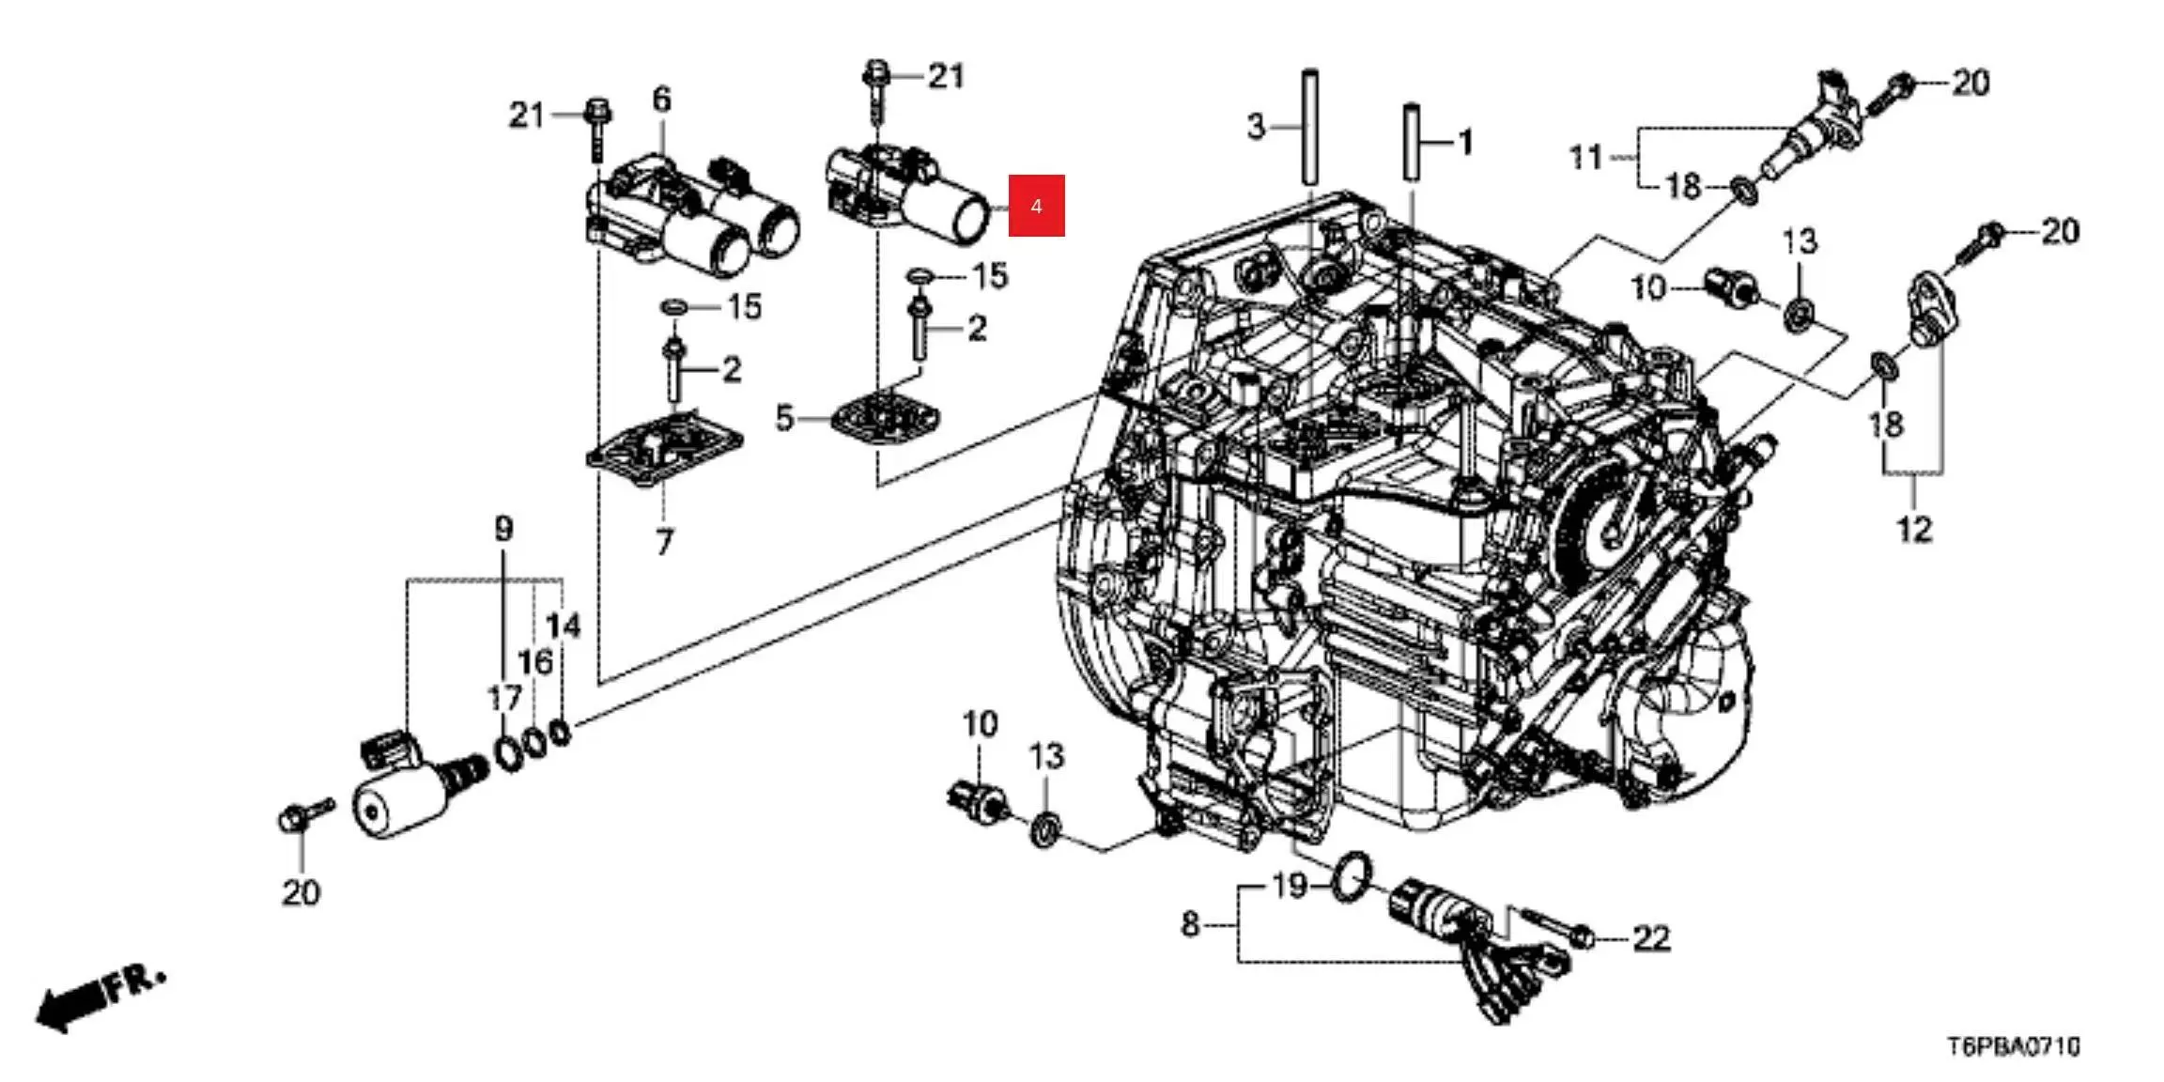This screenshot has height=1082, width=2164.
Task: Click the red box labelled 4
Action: pos(1036,206)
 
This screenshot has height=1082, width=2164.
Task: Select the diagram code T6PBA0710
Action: pos(2013,1045)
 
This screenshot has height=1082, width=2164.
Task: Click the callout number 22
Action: pos(1650,937)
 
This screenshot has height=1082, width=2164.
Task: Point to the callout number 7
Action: pos(664,542)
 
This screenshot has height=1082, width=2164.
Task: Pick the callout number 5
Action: pos(784,417)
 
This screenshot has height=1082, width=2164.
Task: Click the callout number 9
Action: pos(503,529)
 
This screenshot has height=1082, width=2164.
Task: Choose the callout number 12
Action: pos(1914,530)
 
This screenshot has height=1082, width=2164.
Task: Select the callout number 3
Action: pos(1256,126)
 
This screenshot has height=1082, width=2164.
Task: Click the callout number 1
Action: pos(1463,143)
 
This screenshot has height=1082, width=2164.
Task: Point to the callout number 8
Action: pos(1189,925)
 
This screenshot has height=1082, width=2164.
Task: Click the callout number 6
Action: pos(661,99)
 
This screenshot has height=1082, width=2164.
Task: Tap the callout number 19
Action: pos(1289,885)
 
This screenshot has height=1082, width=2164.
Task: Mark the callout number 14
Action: pos(564,625)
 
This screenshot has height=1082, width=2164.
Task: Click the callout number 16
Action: pos(534,662)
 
